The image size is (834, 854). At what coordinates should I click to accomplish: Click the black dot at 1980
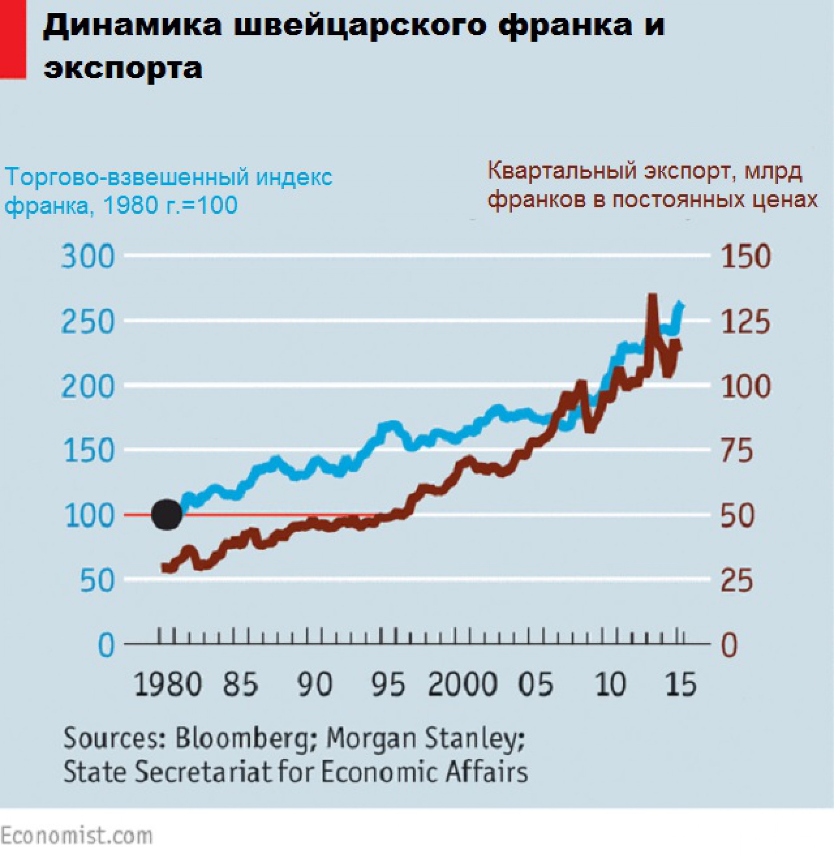pos(167,514)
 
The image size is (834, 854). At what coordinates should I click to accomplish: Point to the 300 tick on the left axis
pos(88,257)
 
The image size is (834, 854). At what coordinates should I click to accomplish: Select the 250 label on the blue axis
pos(88,322)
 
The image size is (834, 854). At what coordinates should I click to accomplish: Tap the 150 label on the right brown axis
pos(746,257)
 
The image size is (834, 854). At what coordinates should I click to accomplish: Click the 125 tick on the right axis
pos(746,322)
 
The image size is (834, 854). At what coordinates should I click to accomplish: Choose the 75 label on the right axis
pos(737,450)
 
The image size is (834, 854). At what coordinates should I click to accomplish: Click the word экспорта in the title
pos(123,68)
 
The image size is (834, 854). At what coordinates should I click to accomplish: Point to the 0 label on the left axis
pos(106,645)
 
